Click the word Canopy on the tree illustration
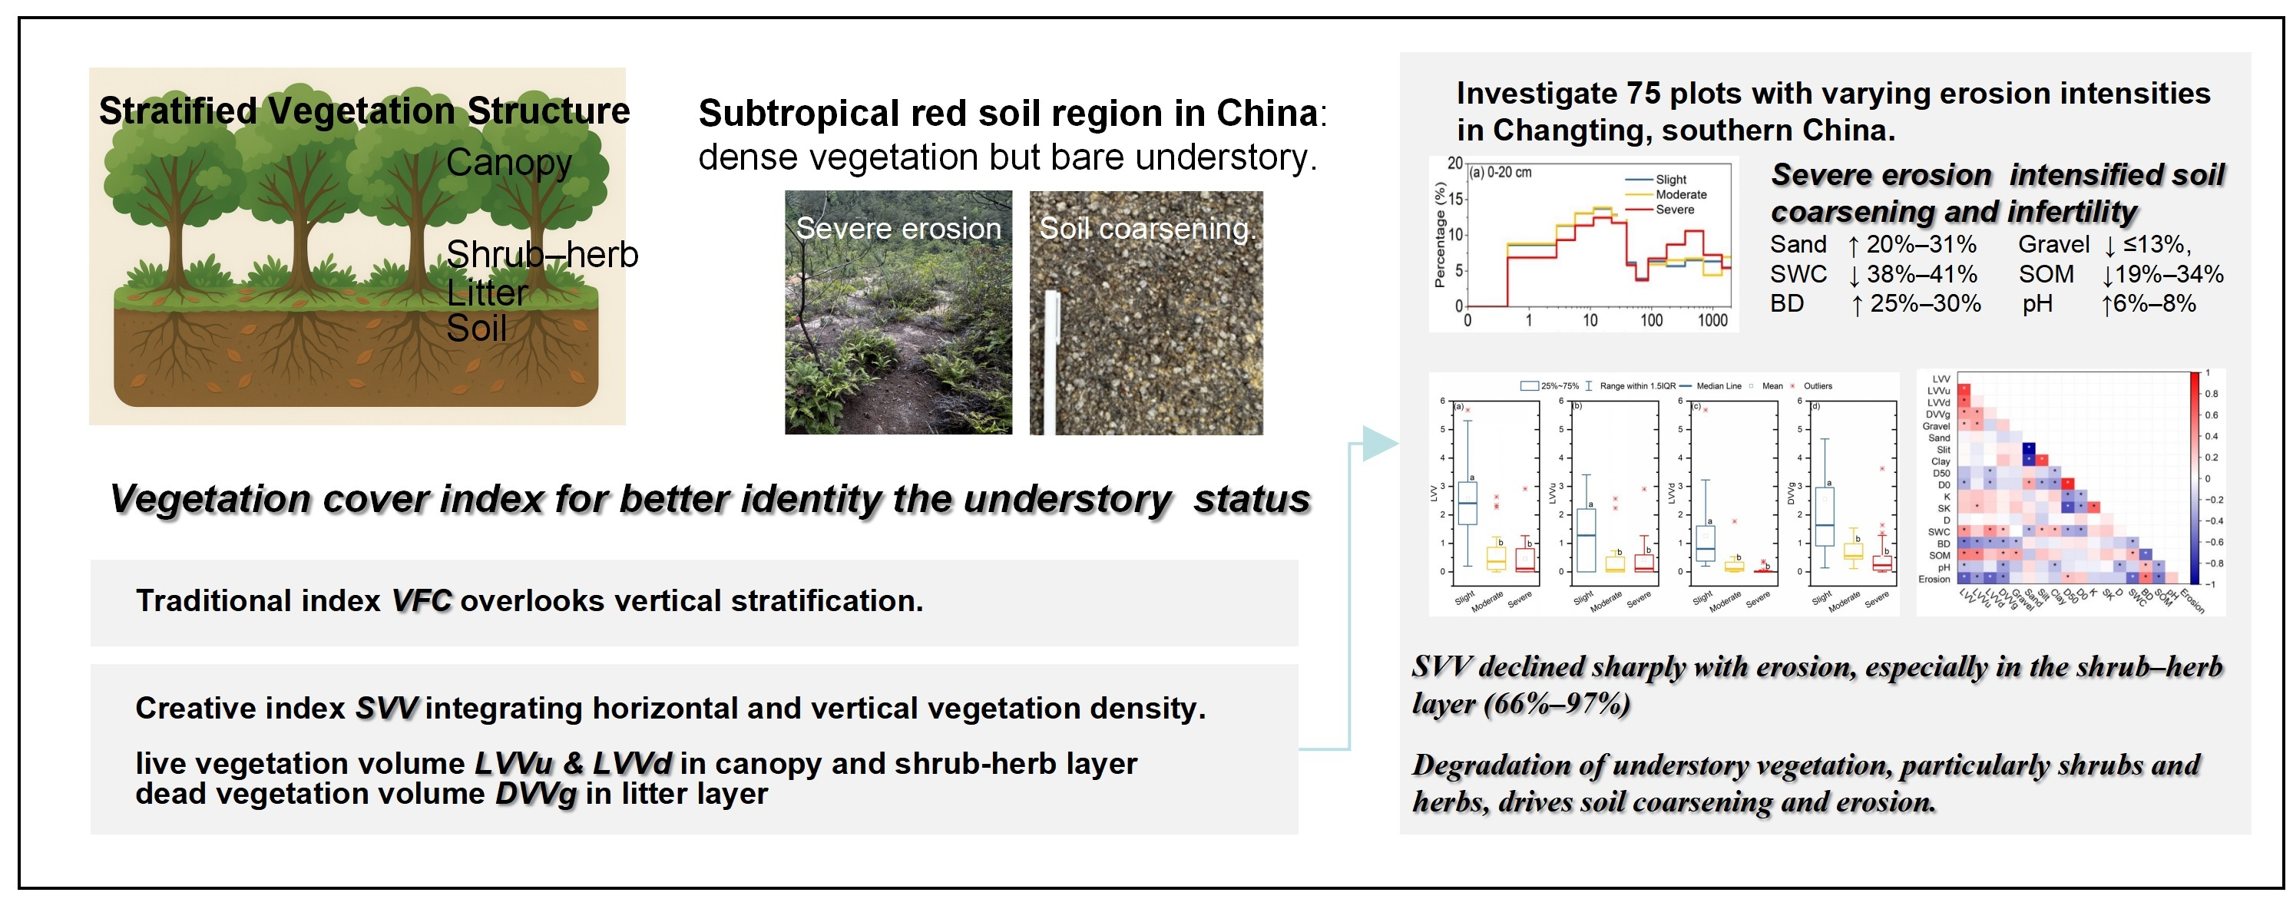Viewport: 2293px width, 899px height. [x=508, y=163]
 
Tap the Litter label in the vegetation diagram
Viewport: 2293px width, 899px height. [x=487, y=293]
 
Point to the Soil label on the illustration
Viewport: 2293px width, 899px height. [x=476, y=329]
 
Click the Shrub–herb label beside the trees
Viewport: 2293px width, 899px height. [x=542, y=255]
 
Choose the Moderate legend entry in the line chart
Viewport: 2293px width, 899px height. [x=1679, y=194]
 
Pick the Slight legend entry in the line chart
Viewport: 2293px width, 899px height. [x=1670, y=179]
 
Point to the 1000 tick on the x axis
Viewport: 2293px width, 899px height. [x=1712, y=320]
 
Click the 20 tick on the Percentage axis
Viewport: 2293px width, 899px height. [x=1454, y=163]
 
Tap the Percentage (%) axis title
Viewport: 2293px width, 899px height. [x=1439, y=235]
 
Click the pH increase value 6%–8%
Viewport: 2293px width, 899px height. [x=2154, y=303]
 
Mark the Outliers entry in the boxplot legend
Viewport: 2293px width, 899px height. [x=1817, y=386]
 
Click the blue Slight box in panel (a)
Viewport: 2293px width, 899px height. [x=1467, y=504]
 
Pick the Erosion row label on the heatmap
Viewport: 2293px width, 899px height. [x=1934, y=579]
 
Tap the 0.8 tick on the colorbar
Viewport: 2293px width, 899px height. [x=2210, y=393]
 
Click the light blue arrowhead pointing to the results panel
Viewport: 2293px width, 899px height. [x=1380, y=442]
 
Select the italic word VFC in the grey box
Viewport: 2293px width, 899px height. [x=421, y=601]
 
